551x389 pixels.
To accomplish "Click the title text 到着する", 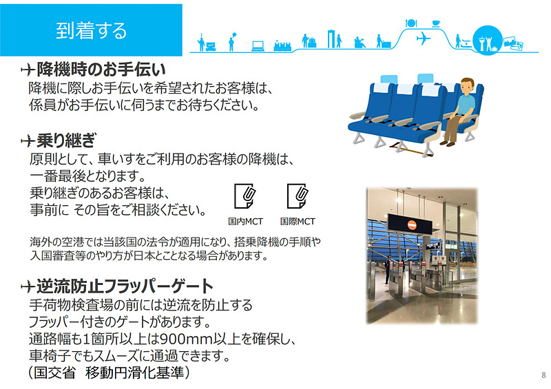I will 92,30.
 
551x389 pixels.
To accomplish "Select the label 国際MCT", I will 298,222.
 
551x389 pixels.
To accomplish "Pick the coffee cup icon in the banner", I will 435,23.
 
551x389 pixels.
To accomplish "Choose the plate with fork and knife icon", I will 412,23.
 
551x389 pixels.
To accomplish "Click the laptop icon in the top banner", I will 258,46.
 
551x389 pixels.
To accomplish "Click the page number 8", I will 543,375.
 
